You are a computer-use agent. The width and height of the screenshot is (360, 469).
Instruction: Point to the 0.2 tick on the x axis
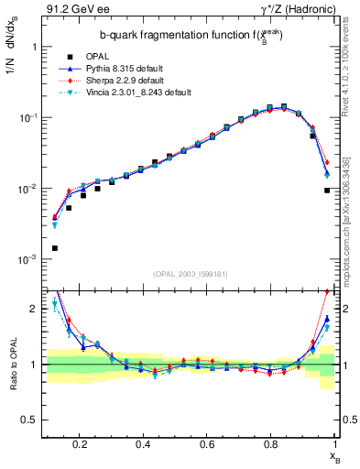pos(81,444)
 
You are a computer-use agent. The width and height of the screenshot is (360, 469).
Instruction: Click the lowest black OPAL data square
pos(55,248)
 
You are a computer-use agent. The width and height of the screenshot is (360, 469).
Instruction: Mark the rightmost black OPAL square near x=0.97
pos(327,191)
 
